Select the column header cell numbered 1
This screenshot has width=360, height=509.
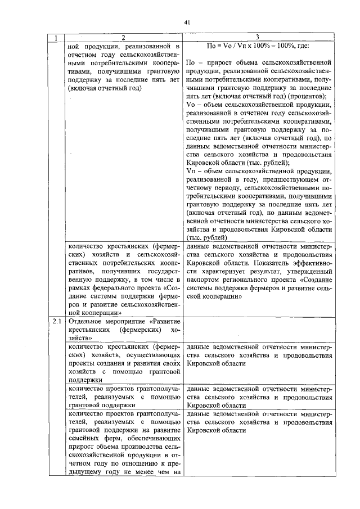(56, 38)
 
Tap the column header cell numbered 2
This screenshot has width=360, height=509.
(123, 38)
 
